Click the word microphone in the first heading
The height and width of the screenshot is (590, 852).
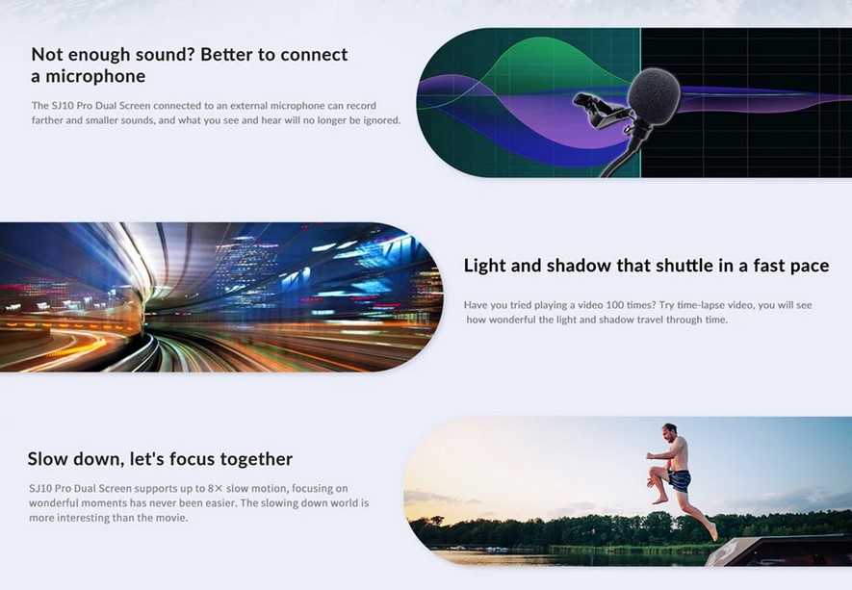(95, 77)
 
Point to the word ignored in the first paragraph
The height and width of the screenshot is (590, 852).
(381, 120)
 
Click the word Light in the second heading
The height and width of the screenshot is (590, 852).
(485, 266)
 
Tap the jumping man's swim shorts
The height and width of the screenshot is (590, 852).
(680, 481)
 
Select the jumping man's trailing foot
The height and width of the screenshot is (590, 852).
(713, 531)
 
